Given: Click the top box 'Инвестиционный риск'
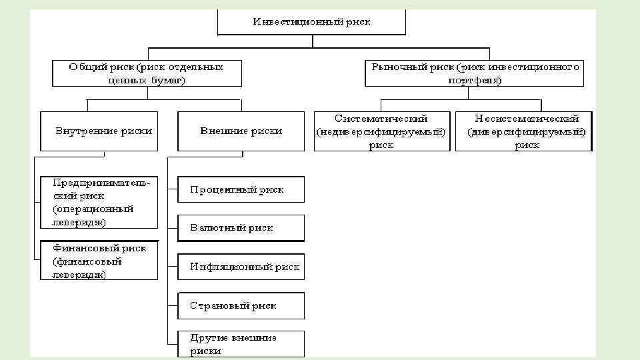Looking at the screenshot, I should (312, 22).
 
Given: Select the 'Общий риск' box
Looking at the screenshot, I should (147, 73).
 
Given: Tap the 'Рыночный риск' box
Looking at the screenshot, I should (474, 73).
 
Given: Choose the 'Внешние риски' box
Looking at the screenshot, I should (241, 131).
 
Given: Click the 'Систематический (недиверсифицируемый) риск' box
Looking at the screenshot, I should (382, 131).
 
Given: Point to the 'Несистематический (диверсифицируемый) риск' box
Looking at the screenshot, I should (523, 131).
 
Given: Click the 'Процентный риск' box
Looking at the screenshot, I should (241, 189).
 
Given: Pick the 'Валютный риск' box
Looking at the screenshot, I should (241, 228).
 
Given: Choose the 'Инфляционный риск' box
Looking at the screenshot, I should (241, 267).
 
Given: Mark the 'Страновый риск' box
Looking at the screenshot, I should (241, 306).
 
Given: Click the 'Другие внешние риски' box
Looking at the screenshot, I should (241, 344).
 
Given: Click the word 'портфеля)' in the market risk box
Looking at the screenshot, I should (475, 80).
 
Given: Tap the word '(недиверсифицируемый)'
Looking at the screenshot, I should (381, 132).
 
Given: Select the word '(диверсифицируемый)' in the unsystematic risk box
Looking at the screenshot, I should (526, 132).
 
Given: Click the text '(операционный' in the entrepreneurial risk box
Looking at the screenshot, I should (93, 209).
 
